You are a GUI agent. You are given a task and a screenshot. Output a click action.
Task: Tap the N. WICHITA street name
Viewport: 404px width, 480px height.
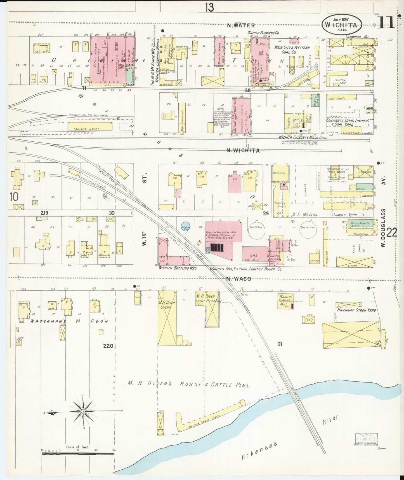tap(243, 151)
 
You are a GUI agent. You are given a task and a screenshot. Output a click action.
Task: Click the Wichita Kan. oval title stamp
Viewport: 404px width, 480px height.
tap(341, 25)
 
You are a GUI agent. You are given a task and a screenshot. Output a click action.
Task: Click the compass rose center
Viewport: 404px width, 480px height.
tap(83, 411)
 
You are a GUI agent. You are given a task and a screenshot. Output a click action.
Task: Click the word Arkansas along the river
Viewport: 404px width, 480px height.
tap(259, 451)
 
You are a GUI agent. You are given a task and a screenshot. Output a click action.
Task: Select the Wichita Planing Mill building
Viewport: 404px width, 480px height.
tap(285, 301)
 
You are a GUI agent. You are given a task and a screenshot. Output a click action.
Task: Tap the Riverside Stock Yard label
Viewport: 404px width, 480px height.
tap(356, 310)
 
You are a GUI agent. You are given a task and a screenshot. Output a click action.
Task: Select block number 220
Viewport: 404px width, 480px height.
tap(108, 346)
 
